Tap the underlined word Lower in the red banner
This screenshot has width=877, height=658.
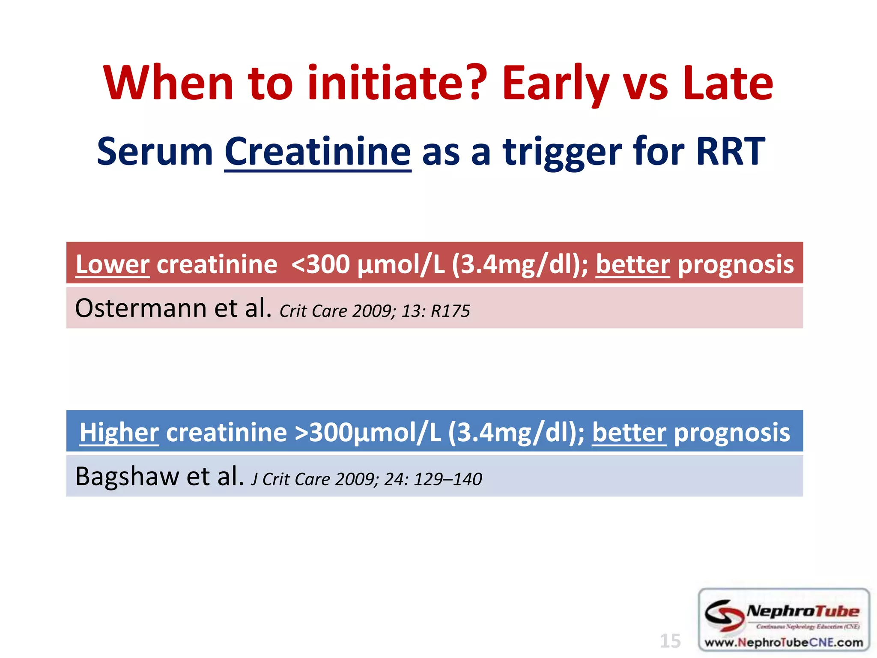(112, 264)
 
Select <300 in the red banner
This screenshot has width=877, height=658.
(321, 264)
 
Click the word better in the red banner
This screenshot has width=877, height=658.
(632, 264)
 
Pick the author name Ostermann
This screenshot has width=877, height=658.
(141, 308)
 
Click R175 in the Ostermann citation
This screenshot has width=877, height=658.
(450, 311)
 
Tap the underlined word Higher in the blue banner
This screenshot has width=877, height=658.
(119, 432)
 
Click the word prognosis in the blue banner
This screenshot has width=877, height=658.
(732, 432)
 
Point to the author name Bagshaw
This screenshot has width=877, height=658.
(127, 476)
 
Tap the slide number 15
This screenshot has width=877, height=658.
(670, 641)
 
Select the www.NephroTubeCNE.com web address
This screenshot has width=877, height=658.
(783, 642)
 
